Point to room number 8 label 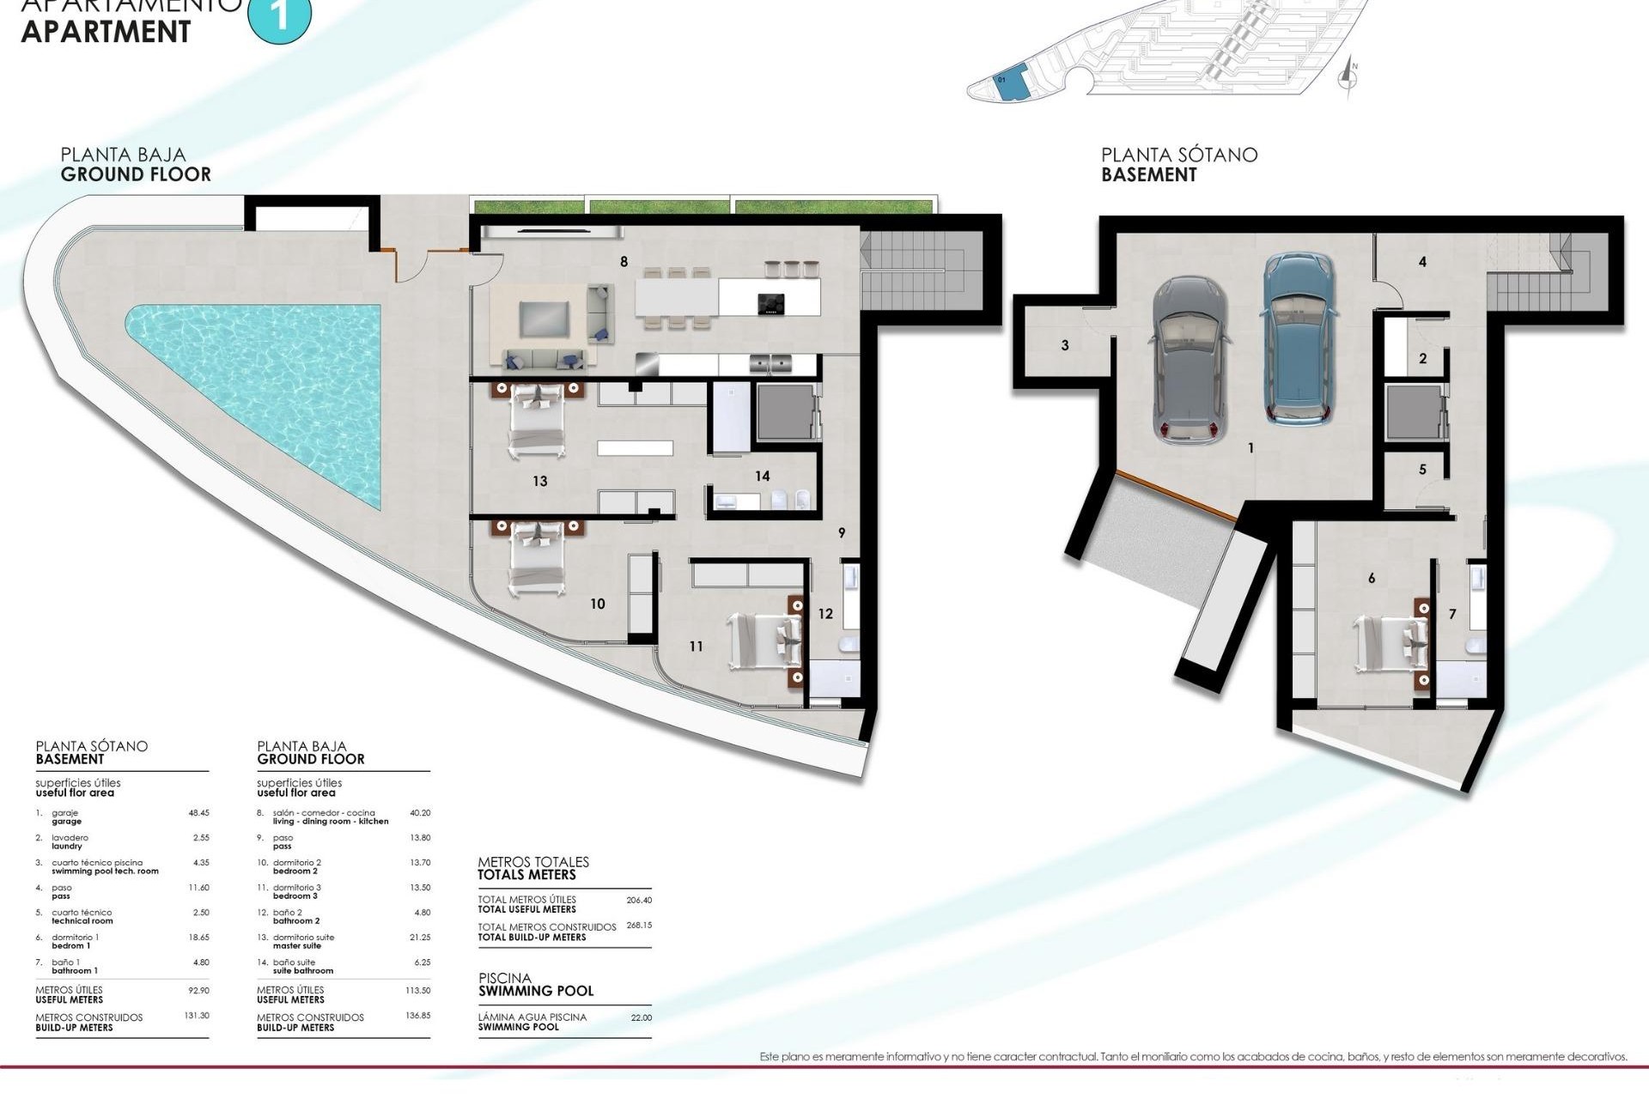pyautogui.click(x=624, y=262)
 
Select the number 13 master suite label pyautogui.click(x=539, y=482)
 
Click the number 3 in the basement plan pyautogui.click(x=1065, y=346)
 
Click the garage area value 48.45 pyautogui.click(x=198, y=812)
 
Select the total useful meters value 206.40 pyautogui.click(x=638, y=901)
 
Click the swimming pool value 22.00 pyautogui.click(x=641, y=1017)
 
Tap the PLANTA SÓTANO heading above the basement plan pyautogui.click(x=1179, y=155)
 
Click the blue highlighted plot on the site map pyautogui.click(x=1012, y=83)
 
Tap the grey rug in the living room pyautogui.click(x=544, y=319)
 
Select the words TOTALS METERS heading pyautogui.click(x=526, y=875)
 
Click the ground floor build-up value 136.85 pyautogui.click(x=417, y=1016)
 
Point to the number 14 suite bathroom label pyautogui.click(x=762, y=477)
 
